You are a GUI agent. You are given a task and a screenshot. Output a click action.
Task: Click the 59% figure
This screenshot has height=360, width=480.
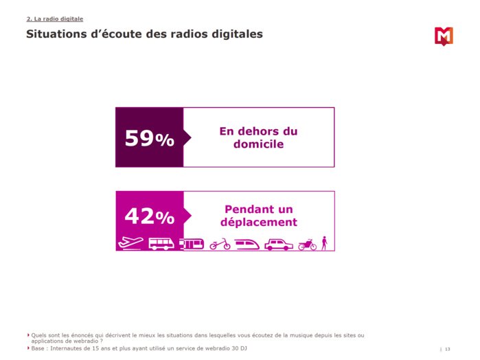(149, 138)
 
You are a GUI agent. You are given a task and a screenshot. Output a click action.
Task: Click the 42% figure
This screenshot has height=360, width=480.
(149, 216)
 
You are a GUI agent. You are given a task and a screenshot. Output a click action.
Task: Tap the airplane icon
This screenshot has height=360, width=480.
(130, 243)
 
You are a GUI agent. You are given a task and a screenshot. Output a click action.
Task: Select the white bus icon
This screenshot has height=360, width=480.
(161, 243)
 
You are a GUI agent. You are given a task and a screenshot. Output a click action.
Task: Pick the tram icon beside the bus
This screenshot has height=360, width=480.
(192, 243)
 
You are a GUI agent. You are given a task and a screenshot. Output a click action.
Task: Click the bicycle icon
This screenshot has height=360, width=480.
(220, 244)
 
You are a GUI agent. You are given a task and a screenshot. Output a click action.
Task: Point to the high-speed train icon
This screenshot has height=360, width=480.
(247, 244)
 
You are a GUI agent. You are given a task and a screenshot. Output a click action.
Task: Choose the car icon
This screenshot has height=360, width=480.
(279, 244)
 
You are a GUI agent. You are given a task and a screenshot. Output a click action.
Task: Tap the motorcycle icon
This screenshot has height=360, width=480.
(307, 244)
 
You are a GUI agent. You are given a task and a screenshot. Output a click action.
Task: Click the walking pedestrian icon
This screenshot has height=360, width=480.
(325, 243)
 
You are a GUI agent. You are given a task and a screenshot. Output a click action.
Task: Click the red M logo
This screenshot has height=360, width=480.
(444, 36)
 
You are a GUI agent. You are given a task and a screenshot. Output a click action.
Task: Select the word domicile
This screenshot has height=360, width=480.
(258, 145)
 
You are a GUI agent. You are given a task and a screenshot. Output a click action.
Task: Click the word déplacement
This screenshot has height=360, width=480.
(258, 223)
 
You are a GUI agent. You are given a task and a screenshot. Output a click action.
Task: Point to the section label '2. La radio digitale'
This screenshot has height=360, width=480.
(54, 19)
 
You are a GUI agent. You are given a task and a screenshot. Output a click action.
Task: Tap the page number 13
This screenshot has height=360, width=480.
(448, 349)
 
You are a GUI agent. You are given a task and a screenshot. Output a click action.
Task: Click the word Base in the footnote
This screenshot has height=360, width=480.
(38, 348)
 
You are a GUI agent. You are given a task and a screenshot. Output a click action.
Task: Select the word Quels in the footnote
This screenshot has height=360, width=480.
(39, 335)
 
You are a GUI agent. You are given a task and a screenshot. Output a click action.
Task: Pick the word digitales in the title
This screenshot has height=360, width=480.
(233, 34)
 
